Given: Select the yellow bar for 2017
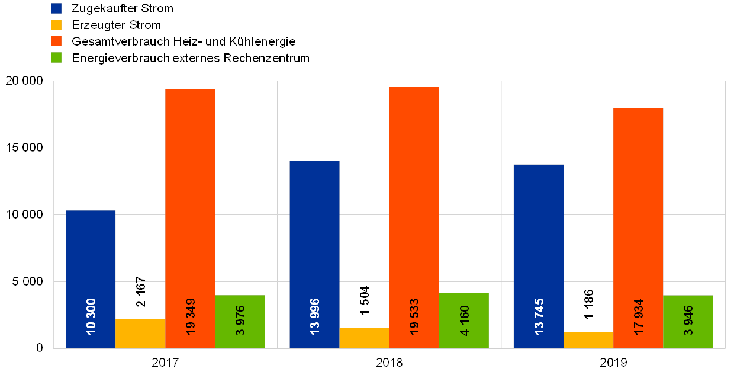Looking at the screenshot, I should (x=140, y=334).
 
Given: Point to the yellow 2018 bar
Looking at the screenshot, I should (x=364, y=338).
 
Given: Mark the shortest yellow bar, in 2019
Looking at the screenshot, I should (x=588, y=340).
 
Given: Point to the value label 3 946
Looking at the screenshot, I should (x=688, y=320).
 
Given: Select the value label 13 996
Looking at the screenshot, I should (x=314, y=316).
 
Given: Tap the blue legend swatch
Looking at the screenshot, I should (x=56, y=8).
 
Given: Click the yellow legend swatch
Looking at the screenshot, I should (x=56, y=25).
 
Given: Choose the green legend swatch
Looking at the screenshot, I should (x=56, y=57).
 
